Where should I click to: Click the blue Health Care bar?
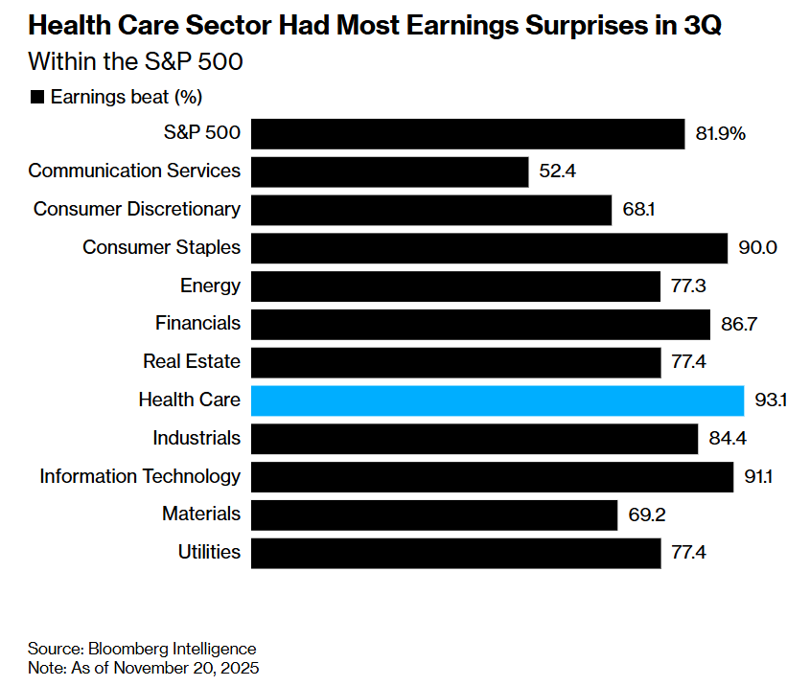498,400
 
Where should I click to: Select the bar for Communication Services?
389,171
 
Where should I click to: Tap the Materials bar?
433,514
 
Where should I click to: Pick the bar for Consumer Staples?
489,247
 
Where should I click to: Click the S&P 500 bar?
468,133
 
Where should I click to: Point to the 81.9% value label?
720,133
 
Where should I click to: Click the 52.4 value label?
559,171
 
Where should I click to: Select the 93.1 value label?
770,400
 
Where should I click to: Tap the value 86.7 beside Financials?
739,324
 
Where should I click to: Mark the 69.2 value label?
646,514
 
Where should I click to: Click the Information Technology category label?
140,476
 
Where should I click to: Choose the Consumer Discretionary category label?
137,209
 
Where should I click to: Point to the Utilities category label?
209,552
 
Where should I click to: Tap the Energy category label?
210,286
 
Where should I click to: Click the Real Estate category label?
192,361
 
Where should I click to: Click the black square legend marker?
38,97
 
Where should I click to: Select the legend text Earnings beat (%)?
126,97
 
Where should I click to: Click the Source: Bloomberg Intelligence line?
142,649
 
